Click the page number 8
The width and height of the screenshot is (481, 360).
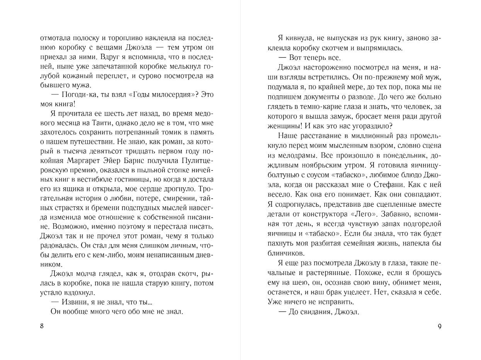(42, 326)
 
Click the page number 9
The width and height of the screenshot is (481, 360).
(439, 326)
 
